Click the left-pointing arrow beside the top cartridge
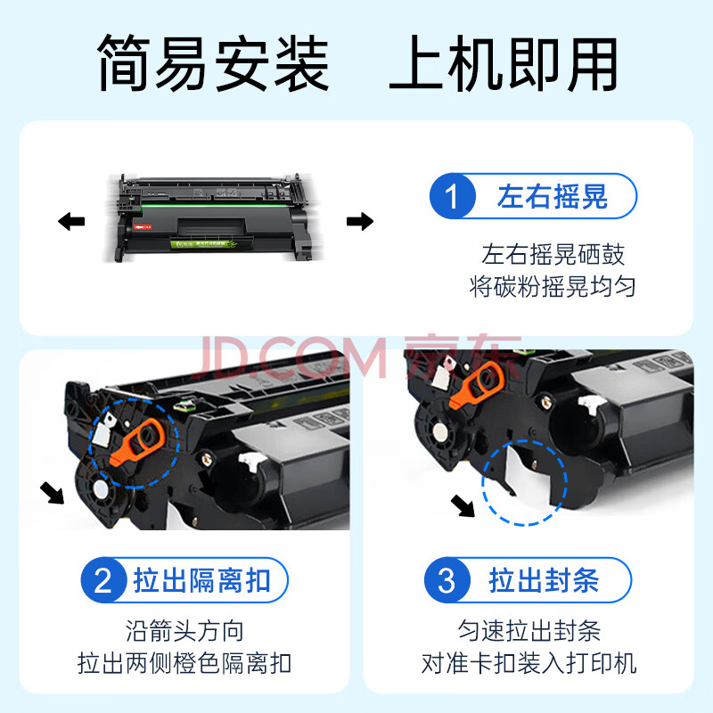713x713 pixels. [71, 221]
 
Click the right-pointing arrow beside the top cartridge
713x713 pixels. [360, 221]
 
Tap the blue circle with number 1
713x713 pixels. [453, 196]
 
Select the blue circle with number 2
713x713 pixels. [103, 580]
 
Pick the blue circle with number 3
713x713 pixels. [447, 580]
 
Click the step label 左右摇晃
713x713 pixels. [552, 196]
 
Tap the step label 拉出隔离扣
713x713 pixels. [201, 580]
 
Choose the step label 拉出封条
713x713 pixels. [544, 580]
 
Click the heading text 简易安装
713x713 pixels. [213, 62]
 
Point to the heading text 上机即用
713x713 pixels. [504, 62]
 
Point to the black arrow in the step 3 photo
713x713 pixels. [463, 506]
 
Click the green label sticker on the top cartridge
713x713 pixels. [204, 244]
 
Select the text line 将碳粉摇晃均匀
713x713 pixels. [552, 286]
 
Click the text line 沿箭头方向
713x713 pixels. [184, 631]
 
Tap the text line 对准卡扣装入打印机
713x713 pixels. [529, 663]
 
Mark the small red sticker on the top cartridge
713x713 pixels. [143, 226]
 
